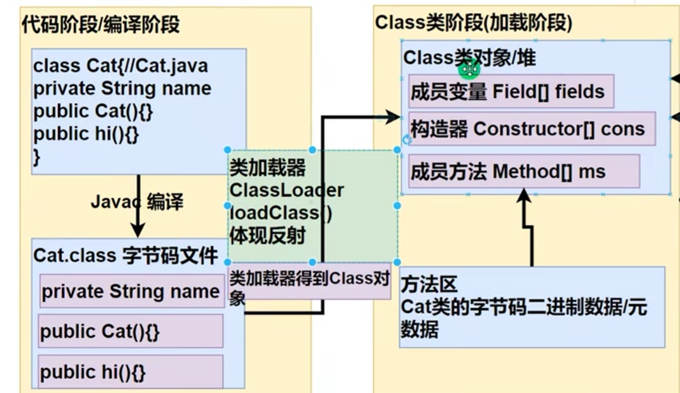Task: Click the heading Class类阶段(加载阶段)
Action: point(473,22)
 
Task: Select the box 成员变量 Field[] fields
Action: point(511,91)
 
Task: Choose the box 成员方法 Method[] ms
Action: point(523,171)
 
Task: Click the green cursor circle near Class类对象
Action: point(469,70)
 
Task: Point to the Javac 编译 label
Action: point(137,202)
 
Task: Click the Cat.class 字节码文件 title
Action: point(125,256)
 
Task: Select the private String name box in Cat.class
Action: point(131,291)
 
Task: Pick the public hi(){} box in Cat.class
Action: point(130,372)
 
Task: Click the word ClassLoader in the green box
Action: point(287,190)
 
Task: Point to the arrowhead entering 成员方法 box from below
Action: point(523,196)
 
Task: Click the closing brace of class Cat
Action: point(37,156)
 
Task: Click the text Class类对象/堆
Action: point(469,58)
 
